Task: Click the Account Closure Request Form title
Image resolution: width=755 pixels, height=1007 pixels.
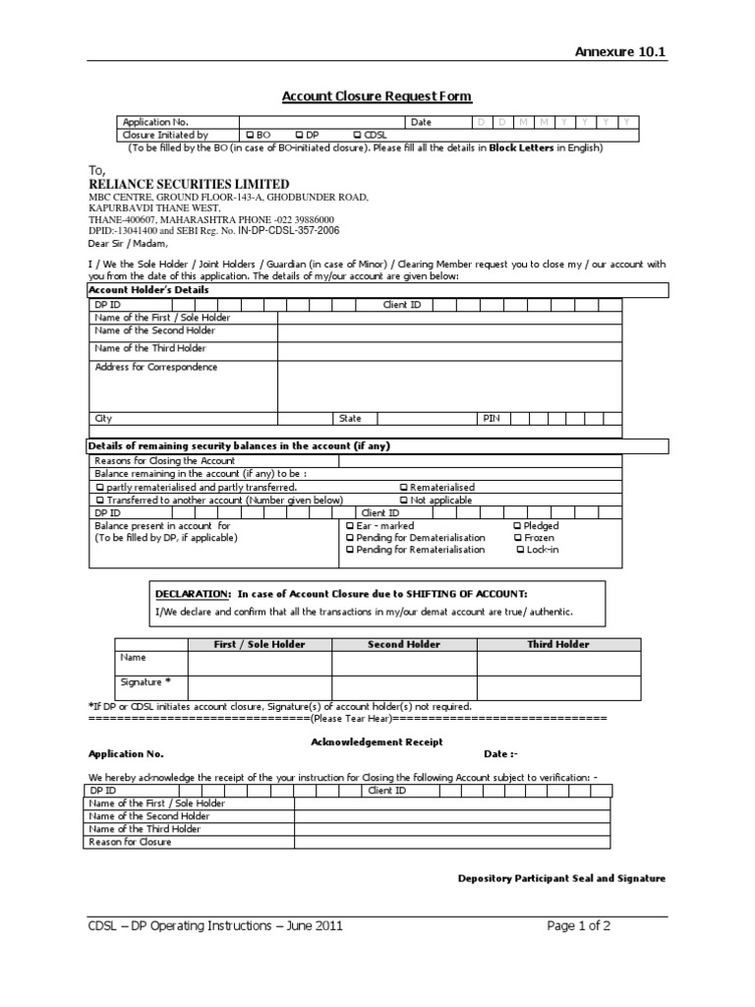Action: [377, 96]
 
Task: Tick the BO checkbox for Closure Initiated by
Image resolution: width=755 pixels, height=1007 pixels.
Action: [250, 135]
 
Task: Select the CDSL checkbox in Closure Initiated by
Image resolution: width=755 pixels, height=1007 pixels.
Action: [356, 135]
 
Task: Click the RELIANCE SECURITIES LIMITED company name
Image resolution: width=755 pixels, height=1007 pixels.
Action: [189, 184]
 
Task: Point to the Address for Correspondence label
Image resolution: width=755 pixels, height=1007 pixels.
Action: [156, 367]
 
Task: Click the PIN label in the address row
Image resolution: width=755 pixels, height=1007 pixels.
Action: [491, 418]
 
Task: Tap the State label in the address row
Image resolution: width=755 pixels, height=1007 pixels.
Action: [350, 418]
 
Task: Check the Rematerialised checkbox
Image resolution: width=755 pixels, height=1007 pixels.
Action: [404, 487]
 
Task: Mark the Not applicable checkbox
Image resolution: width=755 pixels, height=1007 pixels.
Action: [404, 500]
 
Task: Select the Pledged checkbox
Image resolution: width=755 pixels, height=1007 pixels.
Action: [517, 526]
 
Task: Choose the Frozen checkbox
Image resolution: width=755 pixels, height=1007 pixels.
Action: [517, 538]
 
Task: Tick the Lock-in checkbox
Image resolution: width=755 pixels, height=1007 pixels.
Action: [521, 550]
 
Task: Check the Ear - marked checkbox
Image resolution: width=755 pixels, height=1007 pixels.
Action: [350, 526]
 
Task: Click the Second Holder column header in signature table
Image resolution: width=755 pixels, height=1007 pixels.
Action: [403, 644]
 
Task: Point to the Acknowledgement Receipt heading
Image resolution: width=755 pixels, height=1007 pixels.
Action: [377, 741]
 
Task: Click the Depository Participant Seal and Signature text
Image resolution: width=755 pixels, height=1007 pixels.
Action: [561, 878]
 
